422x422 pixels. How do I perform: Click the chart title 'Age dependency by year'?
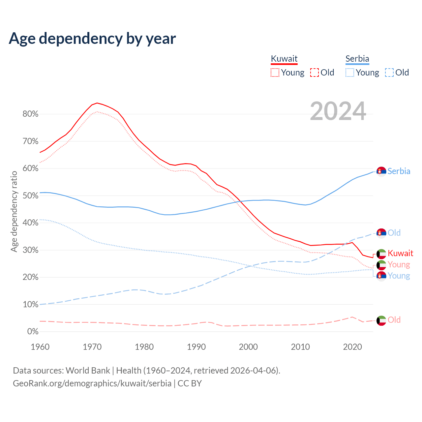(92, 39)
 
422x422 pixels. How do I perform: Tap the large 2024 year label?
(338, 111)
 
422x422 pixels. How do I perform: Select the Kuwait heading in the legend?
(284, 59)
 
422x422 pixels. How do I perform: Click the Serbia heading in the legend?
(357, 59)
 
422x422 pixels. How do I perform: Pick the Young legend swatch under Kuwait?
(275, 73)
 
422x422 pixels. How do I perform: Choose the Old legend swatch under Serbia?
(389, 73)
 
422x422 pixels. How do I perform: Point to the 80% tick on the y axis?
(30, 114)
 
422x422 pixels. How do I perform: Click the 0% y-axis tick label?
(32, 331)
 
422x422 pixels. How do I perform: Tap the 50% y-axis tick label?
(30, 196)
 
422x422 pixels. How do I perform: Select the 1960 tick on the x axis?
(40, 347)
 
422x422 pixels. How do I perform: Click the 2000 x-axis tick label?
(248, 347)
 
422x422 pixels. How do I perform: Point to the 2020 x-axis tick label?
(352, 347)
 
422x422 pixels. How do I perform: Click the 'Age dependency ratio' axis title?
(14, 211)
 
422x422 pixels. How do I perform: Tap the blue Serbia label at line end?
(399, 171)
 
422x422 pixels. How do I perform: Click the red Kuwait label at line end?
(400, 253)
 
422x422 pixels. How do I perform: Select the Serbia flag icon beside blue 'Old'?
(381, 233)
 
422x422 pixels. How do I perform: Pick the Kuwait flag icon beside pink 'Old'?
(381, 320)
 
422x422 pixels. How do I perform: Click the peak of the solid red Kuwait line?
(97, 103)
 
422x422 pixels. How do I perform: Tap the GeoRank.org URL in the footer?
(92, 383)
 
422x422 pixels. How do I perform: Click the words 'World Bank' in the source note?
(88, 371)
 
